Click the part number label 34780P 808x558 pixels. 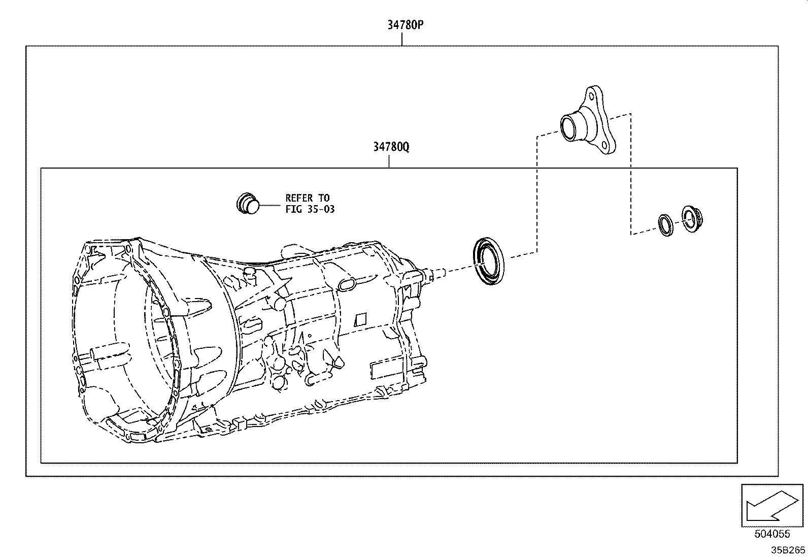click(406, 25)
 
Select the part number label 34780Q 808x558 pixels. click(391, 147)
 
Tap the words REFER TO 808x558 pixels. click(308, 198)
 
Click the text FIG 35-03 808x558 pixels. click(310, 209)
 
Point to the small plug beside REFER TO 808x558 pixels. click(248, 204)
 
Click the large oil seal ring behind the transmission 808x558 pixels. click(489, 261)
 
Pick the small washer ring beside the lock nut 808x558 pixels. click(665, 225)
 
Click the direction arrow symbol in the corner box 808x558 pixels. click(772, 505)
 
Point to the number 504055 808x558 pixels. click(772, 534)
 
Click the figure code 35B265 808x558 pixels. click(788, 550)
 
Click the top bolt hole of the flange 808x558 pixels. click(592, 96)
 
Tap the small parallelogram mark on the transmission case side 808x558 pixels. click(360, 320)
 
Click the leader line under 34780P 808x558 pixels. click(401, 39)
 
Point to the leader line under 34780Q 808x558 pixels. click(389, 161)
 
